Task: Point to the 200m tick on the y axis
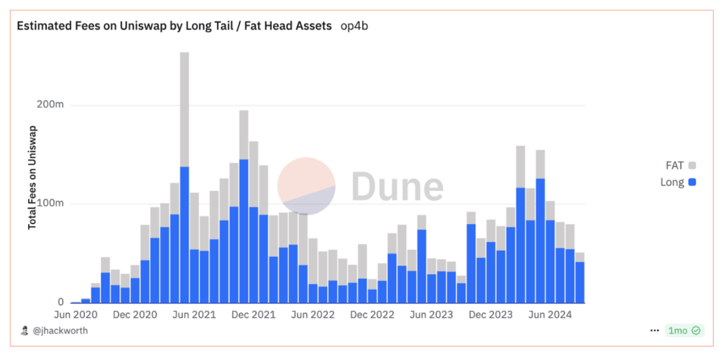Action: pyautogui.click(x=50, y=105)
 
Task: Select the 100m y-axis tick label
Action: pyautogui.click(x=50, y=204)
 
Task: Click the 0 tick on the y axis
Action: pyautogui.click(x=60, y=302)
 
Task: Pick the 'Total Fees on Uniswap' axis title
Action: pyautogui.click(x=32, y=177)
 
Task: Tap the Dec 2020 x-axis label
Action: pyautogui.click(x=135, y=314)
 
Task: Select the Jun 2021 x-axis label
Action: pyautogui.click(x=194, y=314)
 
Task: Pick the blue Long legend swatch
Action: pyautogui.click(x=692, y=182)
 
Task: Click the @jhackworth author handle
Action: pyautogui.click(x=60, y=331)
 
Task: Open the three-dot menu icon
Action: pyautogui.click(x=654, y=331)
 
